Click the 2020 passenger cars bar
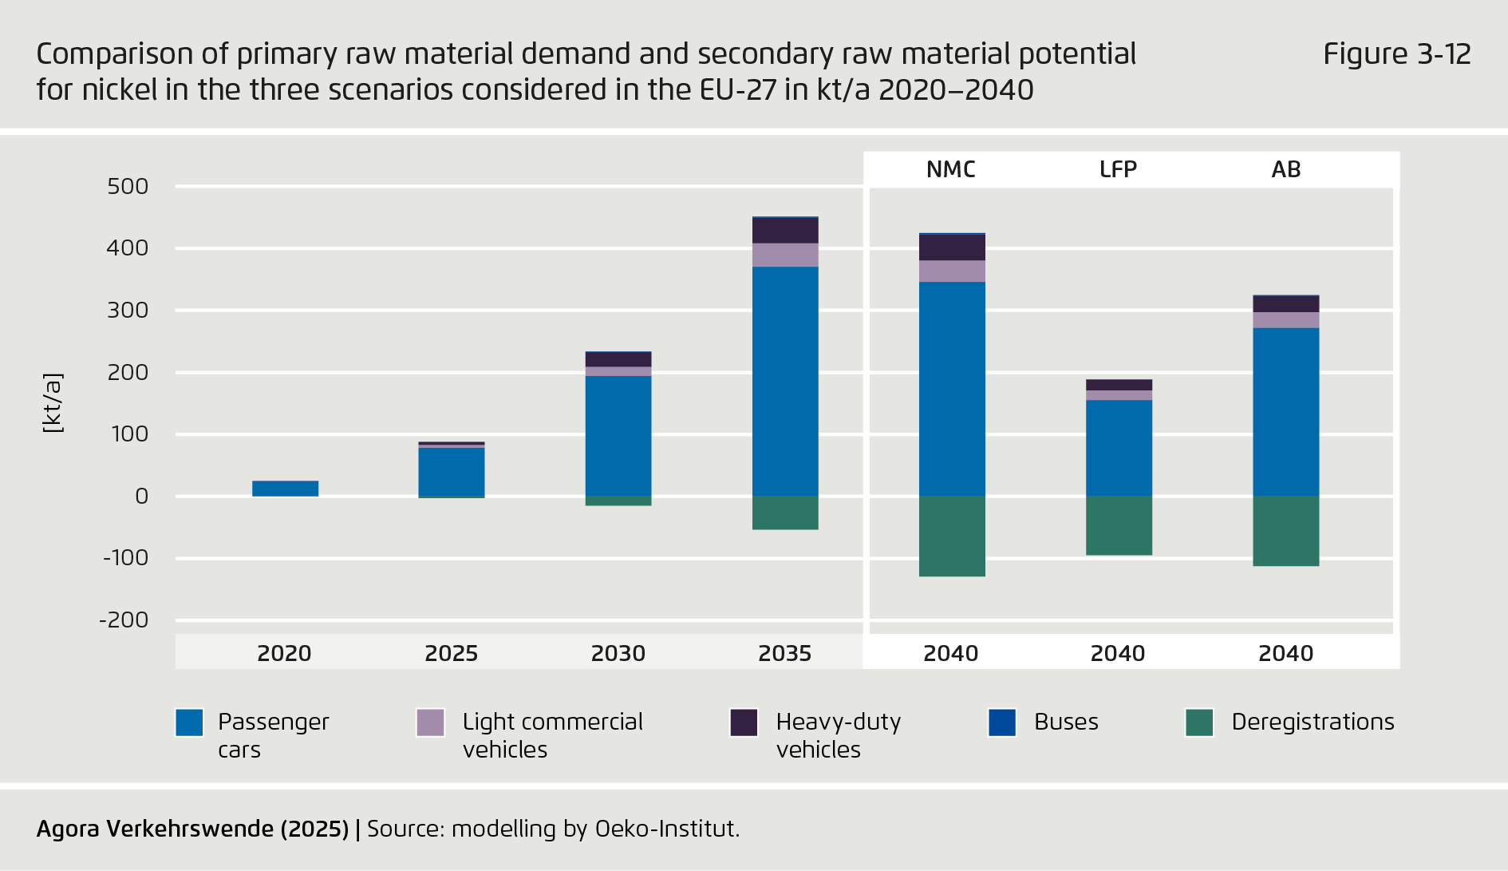(x=285, y=489)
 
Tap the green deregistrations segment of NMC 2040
(x=952, y=536)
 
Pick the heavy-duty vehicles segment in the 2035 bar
(x=785, y=231)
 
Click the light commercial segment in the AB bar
(x=1285, y=320)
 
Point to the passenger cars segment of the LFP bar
(x=1119, y=448)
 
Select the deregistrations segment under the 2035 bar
(x=785, y=513)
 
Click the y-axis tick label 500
(x=128, y=187)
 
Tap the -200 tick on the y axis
(x=124, y=620)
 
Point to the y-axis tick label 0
(x=141, y=497)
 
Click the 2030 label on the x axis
(x=618, y=654)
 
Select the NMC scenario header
(x=950, y=169)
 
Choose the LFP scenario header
(x=1118, y=169)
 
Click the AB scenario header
(x=1285, y=169)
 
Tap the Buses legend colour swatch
(x=1002, y=723)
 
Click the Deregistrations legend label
(x=1313, y=722)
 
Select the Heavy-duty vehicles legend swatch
(x=744, y=723)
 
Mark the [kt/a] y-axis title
(x=52, y=403)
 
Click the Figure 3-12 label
(x=1396, y=54)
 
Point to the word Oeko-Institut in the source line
(x=666, y=829)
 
